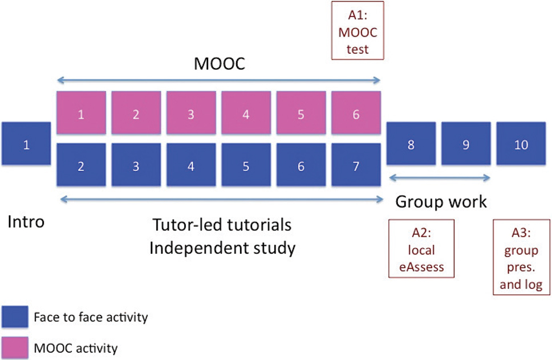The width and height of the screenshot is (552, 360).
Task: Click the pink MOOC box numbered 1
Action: click(81, 115)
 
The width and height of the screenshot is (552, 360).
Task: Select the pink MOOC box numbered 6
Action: click(356, 115)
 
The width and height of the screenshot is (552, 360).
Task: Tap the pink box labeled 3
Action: click(191, 115)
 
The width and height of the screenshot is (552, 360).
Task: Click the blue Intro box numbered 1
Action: click(26, 145)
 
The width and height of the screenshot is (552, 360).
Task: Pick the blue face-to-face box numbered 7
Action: click(356, 166)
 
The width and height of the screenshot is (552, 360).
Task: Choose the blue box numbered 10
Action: click(521, 145)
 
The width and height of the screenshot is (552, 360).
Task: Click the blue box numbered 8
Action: click(411, 145)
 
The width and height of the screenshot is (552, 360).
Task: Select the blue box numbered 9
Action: click(466, 145)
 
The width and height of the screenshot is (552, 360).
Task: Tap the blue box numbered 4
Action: click(191, 166)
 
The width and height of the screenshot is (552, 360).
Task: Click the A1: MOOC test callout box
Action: click(358, 30)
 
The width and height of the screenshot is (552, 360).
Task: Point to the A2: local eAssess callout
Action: click(421, 249)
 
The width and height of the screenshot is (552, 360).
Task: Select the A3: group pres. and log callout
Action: click(521, 259)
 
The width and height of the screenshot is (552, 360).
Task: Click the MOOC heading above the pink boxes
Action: click(220, 64)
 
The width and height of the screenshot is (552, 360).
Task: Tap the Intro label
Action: click(26, 222)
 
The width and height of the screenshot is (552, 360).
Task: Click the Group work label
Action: click(441, 201)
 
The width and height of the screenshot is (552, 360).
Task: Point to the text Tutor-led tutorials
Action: click(222, 225)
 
